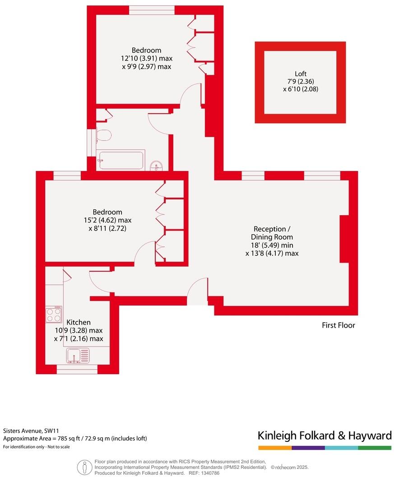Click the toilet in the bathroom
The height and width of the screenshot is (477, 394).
point(103,136)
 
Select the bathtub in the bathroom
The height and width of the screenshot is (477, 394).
point(121,160)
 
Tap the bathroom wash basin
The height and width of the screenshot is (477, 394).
point(157,166)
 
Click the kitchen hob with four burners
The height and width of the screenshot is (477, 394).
point(54,315)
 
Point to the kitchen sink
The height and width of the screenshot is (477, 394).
point(78,356)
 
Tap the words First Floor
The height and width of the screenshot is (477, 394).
point(338,325)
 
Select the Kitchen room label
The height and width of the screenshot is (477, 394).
point(79,322)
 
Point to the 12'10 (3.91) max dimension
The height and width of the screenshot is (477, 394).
point(146,58)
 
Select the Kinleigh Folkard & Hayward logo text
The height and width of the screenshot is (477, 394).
point(324,435)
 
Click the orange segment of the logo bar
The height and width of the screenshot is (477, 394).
point(275,448)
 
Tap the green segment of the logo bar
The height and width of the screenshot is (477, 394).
point(375,448)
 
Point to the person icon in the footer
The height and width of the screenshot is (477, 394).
point(83,466)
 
